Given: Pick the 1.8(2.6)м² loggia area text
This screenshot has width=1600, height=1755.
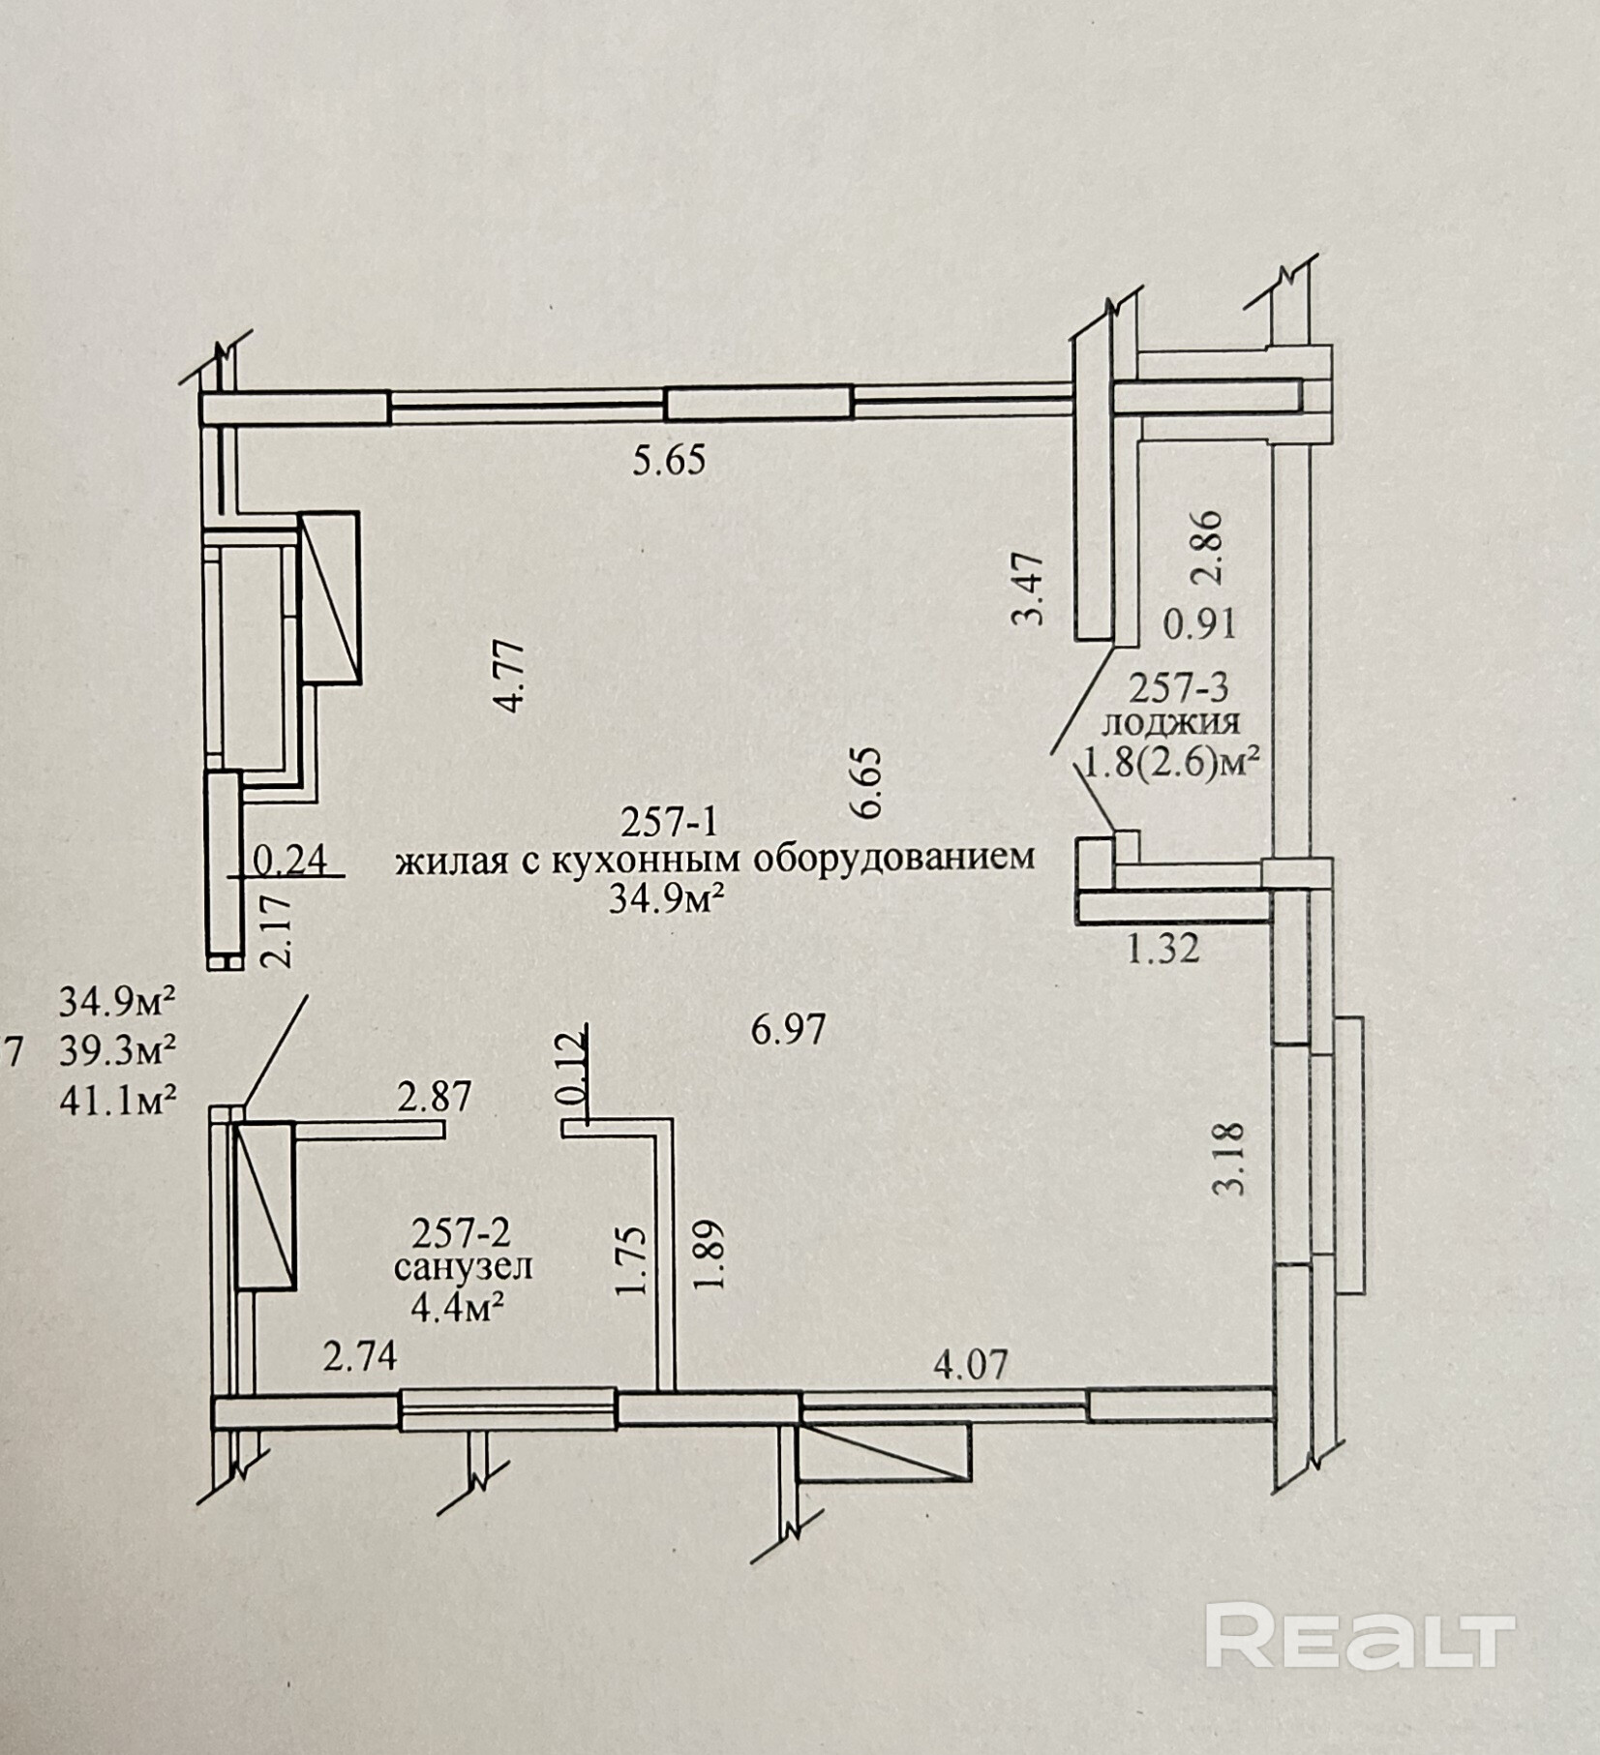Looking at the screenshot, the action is click(x=1171, y=766).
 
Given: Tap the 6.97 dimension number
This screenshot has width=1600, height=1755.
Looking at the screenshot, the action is click(x=789, y=1029).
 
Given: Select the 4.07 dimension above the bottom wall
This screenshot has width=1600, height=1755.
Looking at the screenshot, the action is click(x=970, y=1365).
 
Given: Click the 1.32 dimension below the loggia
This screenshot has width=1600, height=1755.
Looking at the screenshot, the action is click(x=1162, y=949).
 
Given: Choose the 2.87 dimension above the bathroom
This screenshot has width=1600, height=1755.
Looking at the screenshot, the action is click(x=435, y=1097).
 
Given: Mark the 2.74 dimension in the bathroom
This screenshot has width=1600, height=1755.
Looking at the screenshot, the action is click(x=360, y=1357).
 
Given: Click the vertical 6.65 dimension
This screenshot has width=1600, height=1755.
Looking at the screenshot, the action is click(x=867, y=783).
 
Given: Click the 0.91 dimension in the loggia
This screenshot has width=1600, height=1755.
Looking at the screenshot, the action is click(x=1199, y=624).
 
